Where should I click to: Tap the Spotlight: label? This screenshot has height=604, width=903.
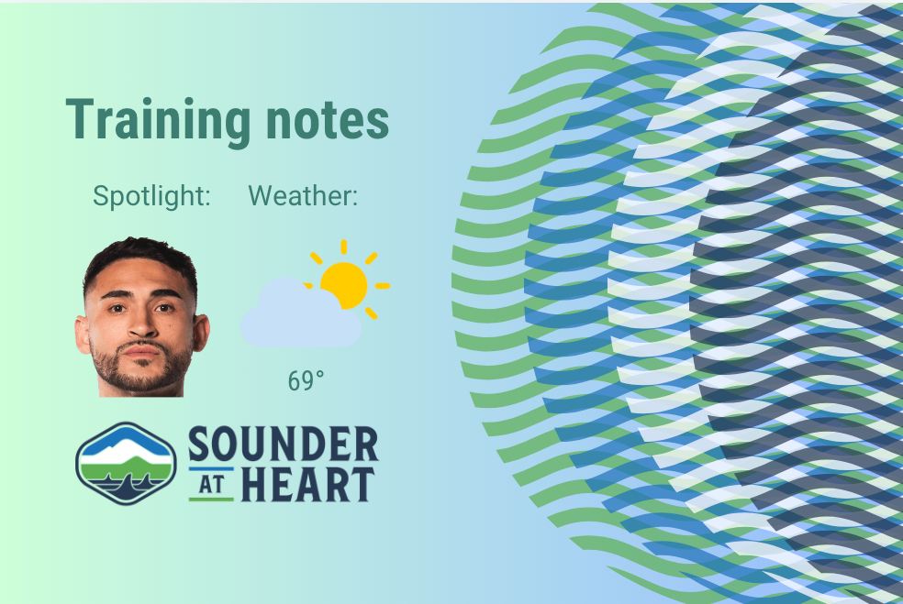click(152, 195)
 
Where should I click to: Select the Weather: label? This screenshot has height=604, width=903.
click(303, 195)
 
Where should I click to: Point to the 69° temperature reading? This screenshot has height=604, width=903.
click(307, 381)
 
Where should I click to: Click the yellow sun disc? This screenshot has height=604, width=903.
click(344, 285)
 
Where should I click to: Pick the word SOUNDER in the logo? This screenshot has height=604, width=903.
click(283, 445)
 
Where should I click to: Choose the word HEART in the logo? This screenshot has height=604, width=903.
click(307, 485)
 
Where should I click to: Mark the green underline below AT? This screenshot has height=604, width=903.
click(211, 500)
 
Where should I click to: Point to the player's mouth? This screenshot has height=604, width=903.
click(139, 350)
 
